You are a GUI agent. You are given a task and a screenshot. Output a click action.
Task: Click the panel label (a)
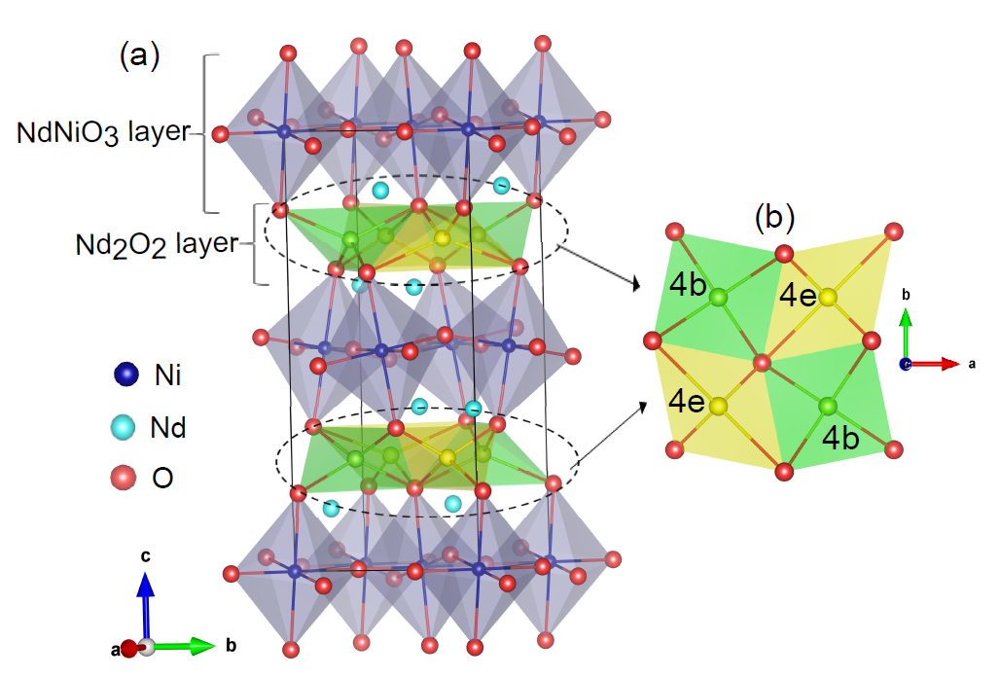138,55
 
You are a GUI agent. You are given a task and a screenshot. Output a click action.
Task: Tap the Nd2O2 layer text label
156,243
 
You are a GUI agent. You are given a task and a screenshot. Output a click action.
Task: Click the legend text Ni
165,375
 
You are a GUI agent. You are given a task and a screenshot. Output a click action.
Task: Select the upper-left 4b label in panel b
687,286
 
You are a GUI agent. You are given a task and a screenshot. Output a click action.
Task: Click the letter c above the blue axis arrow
144,556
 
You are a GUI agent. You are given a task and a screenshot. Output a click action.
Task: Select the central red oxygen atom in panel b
762,364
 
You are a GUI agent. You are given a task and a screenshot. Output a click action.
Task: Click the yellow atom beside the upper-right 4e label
828,296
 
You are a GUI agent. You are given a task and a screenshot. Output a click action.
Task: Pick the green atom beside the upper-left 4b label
718,298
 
